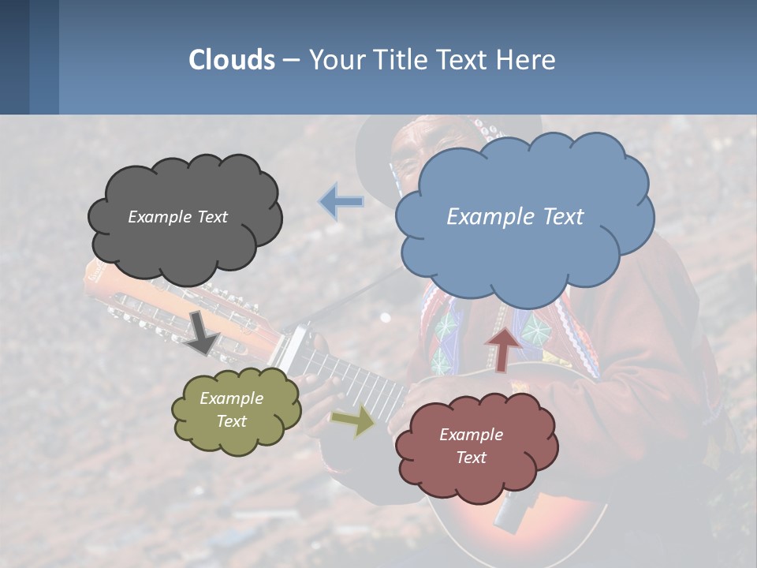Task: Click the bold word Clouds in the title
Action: tap(232, 60)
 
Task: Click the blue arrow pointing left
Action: tap(341, 201)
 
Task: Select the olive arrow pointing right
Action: tap(352, 420)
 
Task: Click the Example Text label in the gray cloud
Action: tap(177, 217)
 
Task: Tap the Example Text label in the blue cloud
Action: tap(515, 217)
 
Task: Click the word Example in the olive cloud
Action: tap(231, 398)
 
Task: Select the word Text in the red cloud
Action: tap(471, 458)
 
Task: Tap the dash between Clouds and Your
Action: tap(291, 60)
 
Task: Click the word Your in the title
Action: tap(334, 60)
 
